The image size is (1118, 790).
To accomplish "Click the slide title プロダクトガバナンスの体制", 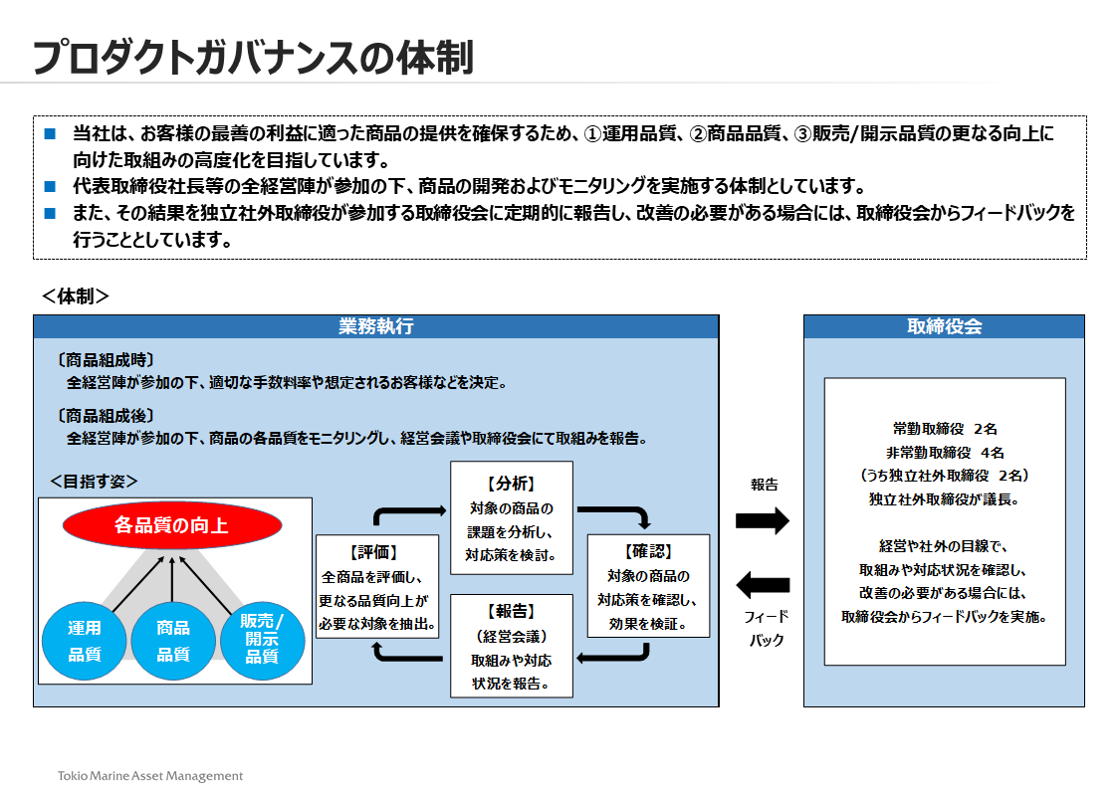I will coord(252,58).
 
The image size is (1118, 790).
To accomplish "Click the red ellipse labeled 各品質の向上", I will coord(171,524).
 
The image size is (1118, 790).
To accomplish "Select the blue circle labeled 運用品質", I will coord(85,641).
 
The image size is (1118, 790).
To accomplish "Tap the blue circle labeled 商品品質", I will coord(173,641).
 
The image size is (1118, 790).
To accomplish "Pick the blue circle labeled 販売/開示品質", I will coord(262,637).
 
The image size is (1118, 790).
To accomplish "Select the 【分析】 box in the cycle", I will coord(512,517).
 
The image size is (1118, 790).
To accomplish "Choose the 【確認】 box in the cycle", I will coord(648,587).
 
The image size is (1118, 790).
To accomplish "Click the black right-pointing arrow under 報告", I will coord(762,519).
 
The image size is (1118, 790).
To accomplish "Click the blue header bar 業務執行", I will coord(375,326).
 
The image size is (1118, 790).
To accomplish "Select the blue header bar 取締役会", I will coord(944,326).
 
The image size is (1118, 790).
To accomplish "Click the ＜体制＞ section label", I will coord(76,296).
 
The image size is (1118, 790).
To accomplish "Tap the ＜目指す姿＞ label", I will coord(94,481).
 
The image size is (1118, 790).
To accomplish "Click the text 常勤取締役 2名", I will coord(945,429).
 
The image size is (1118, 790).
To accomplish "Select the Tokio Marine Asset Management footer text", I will coord(149,775).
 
